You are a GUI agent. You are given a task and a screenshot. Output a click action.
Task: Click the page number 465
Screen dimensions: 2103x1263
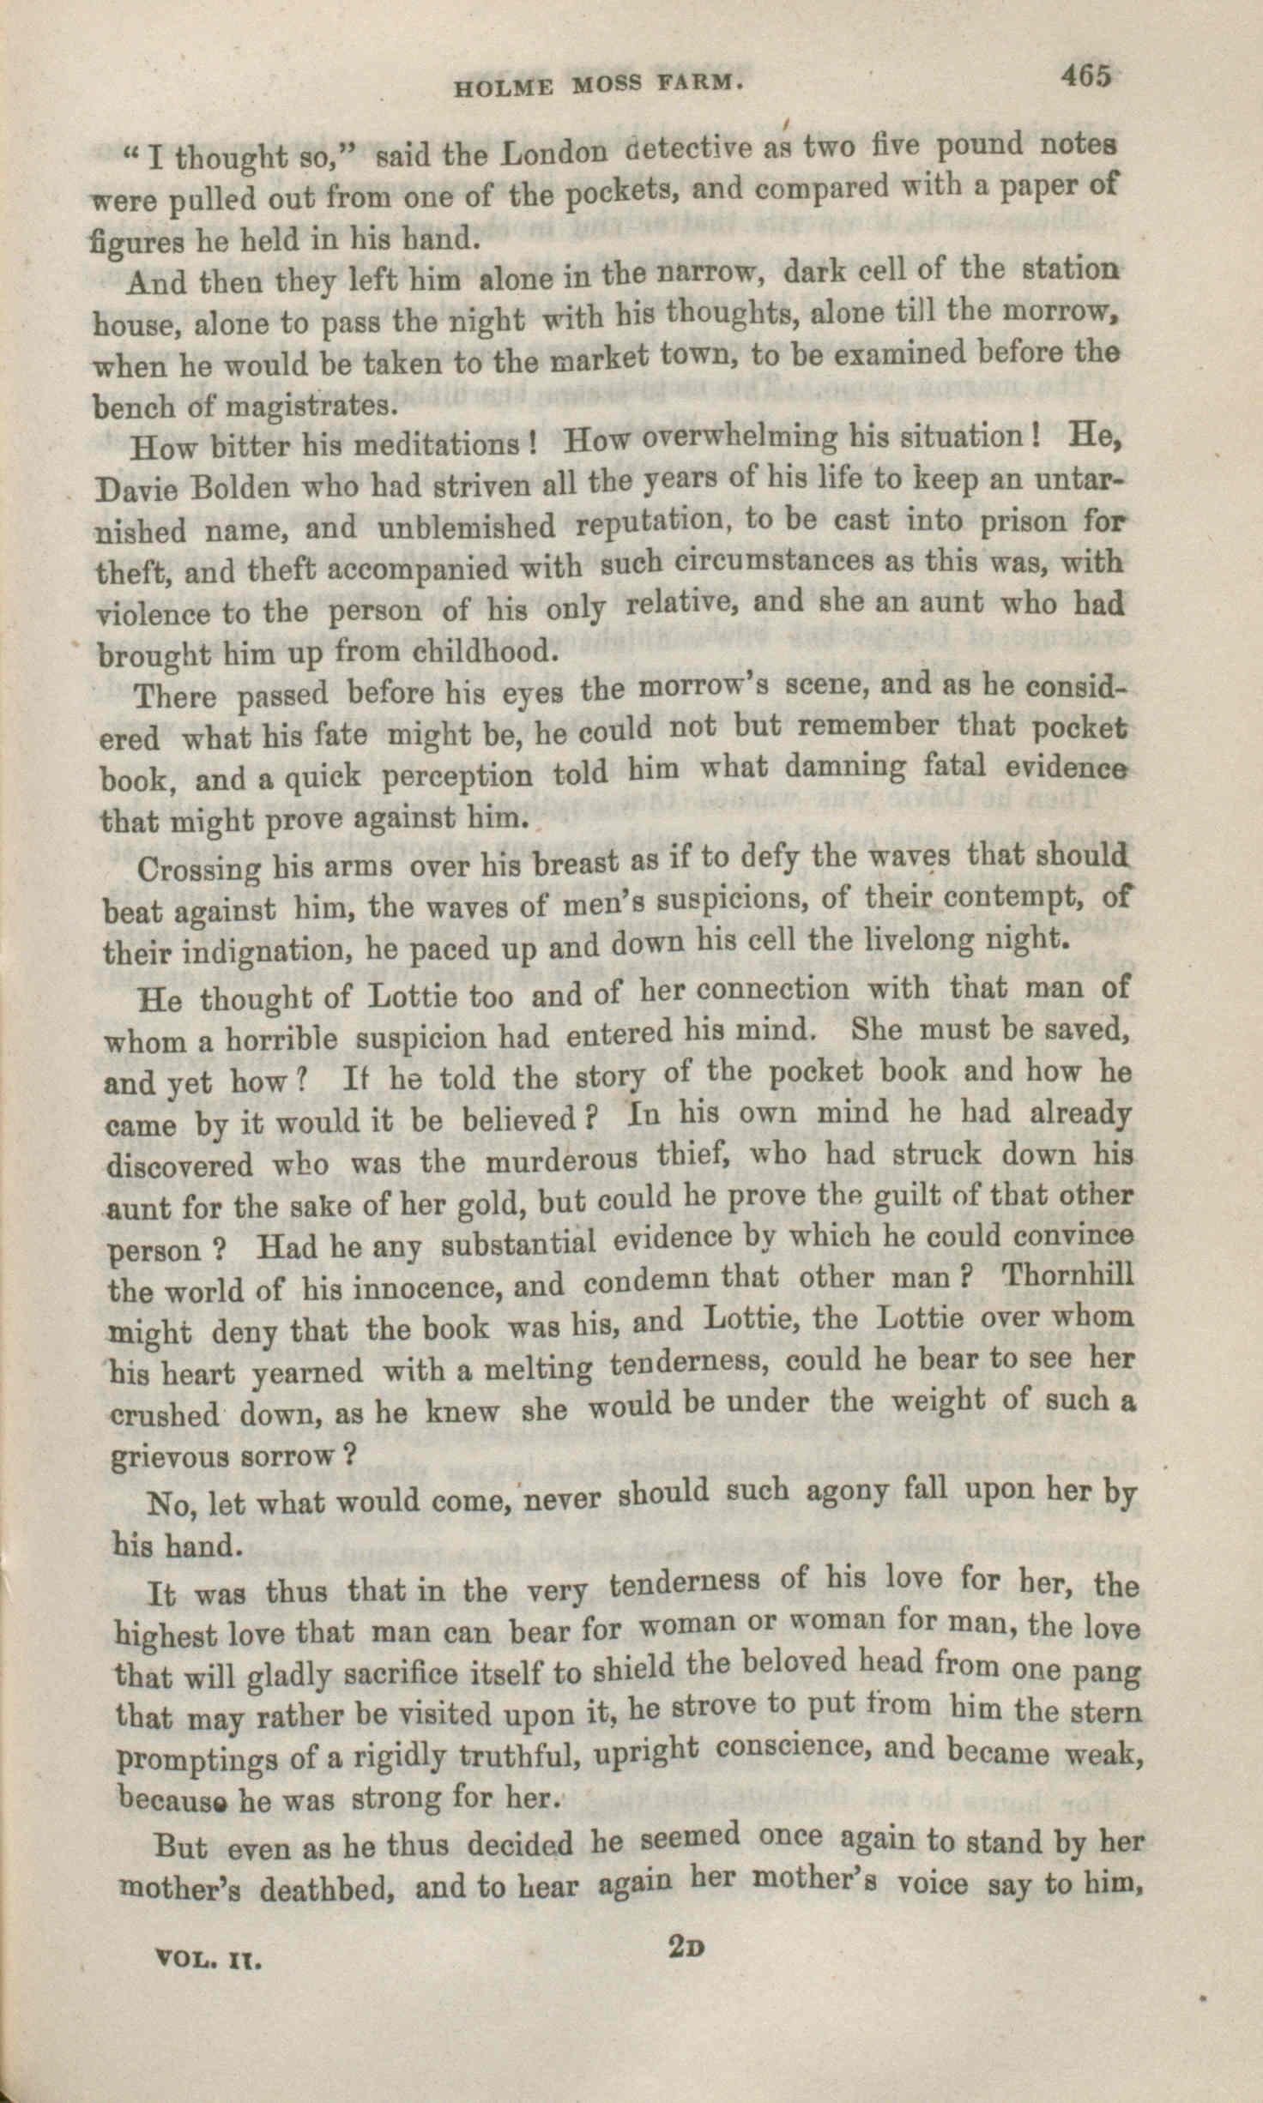point(1085,76)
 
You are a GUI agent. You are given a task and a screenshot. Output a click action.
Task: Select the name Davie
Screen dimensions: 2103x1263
point(136,490)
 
